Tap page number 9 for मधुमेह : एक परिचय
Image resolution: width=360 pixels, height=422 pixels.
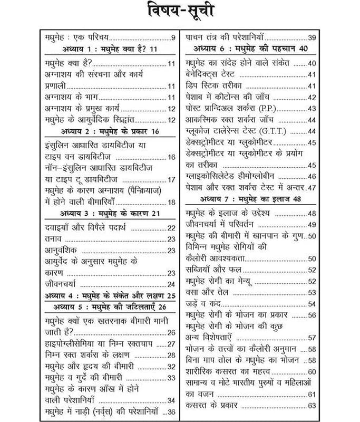pos(173,38)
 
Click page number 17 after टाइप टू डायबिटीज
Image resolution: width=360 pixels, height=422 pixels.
pos(171,180)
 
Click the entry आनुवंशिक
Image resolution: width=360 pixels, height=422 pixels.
pos(61,251)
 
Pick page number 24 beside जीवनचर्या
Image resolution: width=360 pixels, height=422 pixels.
pos(171,285)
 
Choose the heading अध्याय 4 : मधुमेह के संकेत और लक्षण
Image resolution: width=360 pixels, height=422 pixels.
pos(110,296)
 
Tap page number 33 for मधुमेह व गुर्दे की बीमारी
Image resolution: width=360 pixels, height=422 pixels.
pos(171,378)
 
